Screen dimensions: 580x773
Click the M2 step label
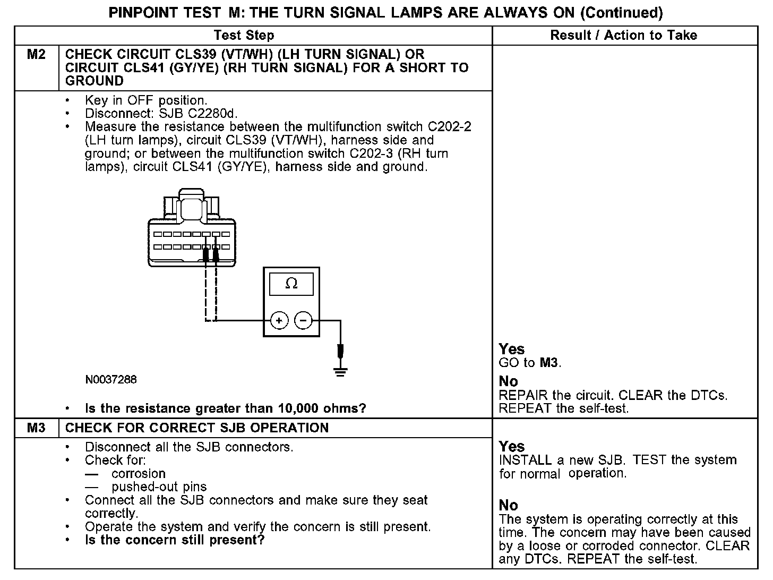click(36, 55)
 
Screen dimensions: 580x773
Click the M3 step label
click(36, 428)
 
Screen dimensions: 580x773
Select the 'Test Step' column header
click(244, 36)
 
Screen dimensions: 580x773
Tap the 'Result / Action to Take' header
click(624, 36)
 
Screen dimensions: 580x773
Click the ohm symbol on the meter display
click(291, 284)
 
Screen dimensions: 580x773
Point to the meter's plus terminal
click(279, 320)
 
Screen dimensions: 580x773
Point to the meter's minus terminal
click(303, 320)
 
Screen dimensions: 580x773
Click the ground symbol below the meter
click(341, 371)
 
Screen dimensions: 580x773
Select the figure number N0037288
click(110, 380)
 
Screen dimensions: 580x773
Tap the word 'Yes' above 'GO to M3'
click(512, 349)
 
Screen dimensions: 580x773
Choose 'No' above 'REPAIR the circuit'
click(509, 381)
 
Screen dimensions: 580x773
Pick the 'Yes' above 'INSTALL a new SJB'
click(512, 447)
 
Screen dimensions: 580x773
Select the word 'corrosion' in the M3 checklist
click(139, 474)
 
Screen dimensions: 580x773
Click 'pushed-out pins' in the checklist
click(159, 487)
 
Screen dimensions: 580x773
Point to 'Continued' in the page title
click(621, 12)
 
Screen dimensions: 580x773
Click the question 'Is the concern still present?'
click(175, 540)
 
